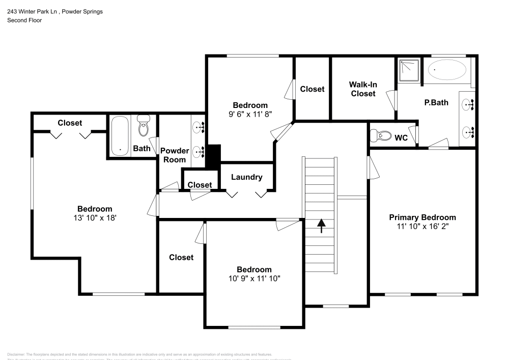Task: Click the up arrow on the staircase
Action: click(x=321, y=226)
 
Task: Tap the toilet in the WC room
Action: click(x=380, y=136)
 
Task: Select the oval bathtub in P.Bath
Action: click(x=446, y=70)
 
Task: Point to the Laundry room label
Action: click(x=247, y=177)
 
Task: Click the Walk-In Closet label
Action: click(x=362, y=89)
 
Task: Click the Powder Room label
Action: click(x=175, y=155)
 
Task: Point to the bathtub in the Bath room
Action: click(x=120, y=135)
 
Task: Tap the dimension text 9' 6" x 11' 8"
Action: click(x=250, y=115)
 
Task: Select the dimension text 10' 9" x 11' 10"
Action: click(x=254, y=279)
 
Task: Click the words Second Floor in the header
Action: click(x=24, y=20)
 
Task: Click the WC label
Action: click(x=401, y=137)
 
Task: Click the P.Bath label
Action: click(x=436, y=102)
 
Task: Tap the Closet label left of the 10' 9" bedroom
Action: click(x=181, y=257)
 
